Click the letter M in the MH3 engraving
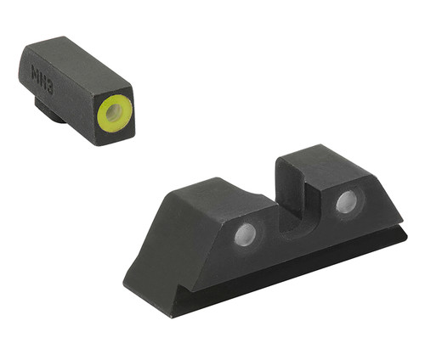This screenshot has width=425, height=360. (39, 70)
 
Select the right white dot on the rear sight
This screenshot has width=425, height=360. (346, 202)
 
